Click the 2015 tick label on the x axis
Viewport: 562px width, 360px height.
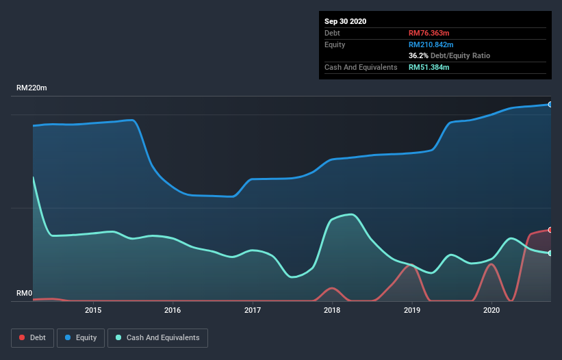pos(93,310)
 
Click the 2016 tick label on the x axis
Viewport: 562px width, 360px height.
pos(173,310)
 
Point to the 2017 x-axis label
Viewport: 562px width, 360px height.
pos(253,310)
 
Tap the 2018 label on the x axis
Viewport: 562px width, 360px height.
pos(332,310)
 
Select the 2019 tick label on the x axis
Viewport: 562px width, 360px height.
pos(412,310)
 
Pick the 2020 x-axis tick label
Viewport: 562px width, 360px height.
pos(491,310)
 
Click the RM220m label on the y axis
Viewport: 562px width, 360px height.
pos(31,88)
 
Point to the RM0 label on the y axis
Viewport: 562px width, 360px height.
pos(25,294)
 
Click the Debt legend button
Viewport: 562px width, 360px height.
pos(33,337)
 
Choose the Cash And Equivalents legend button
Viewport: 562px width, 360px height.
pos(157,337)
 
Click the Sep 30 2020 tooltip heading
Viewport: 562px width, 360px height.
pos(346,21)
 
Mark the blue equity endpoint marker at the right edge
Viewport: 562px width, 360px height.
pos(550,105)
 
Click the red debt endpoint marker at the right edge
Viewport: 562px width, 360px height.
pos(550,230)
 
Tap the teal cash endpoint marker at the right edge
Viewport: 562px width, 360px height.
pos(550,253)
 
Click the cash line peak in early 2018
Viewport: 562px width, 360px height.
pos(350,214)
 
